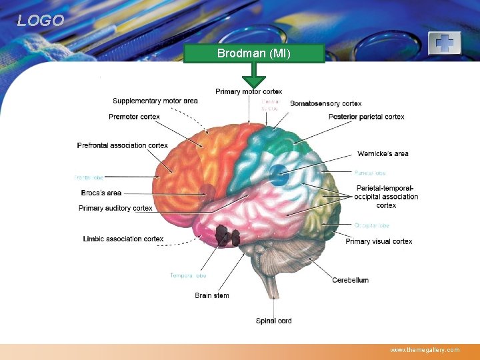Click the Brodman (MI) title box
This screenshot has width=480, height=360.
click(254, 53)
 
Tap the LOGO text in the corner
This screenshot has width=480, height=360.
click(41, 21)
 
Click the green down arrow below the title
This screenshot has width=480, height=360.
click(254, 76)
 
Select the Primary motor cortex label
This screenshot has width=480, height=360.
click(249, 91)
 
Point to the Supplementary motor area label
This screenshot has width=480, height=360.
click(155, 101)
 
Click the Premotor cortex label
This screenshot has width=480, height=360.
click(134, 117)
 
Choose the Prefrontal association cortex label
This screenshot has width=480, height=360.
click(123, 145)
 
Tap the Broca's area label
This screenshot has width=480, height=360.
click(101, 193)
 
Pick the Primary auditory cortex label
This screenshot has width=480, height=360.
click(115, 208)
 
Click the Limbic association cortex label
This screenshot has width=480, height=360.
click(123, 239)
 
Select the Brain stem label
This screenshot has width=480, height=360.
click(212, 295)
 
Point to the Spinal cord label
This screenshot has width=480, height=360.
click(274, 321)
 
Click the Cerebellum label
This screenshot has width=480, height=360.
click(351, 280)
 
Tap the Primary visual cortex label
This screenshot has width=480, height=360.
click(379, 241)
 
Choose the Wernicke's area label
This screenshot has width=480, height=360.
click(383, 154)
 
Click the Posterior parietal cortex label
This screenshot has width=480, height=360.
click(366, 117)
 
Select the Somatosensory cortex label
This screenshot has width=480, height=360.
click(326, 103)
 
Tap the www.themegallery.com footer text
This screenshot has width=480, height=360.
click(425, 349)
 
